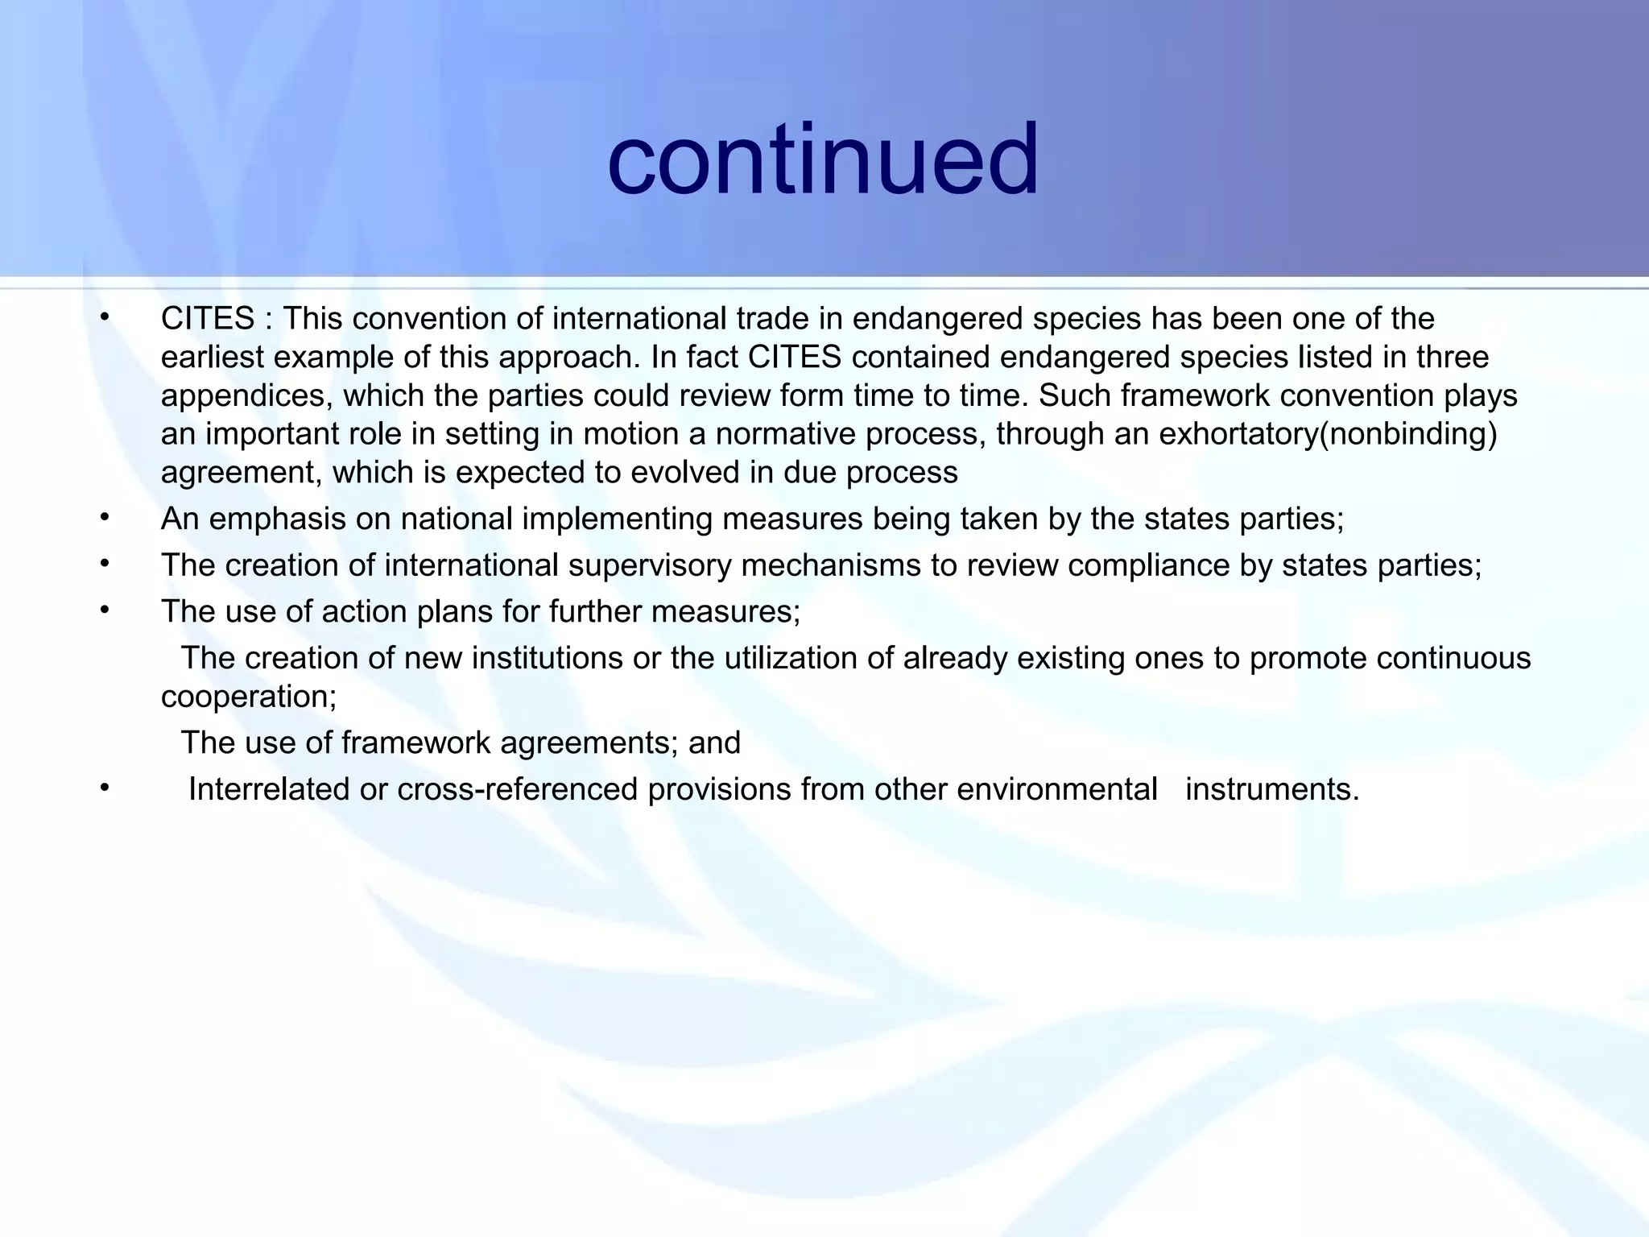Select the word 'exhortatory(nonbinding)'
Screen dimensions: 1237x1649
(x=1328, y=434)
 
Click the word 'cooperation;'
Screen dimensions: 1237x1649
(x=249, y=697)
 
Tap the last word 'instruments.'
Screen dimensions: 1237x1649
(x=1272, y=789)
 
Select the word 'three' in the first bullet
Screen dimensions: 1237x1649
(x=1452, y=358)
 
